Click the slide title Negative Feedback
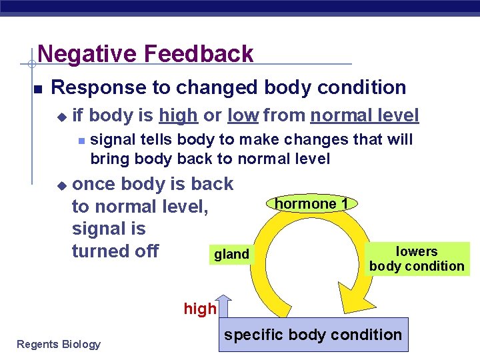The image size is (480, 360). click(145, 53)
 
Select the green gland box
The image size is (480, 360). click(231, 254)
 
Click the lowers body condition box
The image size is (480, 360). click(417, 259)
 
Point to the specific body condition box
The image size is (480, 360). click(313, 335)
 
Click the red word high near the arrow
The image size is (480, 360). click(200, 309)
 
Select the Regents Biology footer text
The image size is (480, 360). click(59, 344)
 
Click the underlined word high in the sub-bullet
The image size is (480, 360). click(178, 116)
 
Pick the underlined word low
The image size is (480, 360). click(243, 116)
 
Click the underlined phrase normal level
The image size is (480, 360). click(365, 116)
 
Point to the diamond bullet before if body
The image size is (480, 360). click(61, 117)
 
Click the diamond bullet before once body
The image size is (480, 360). click(61, 185)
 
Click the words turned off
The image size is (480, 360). click(115, 251)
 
